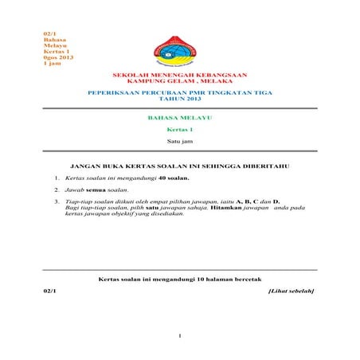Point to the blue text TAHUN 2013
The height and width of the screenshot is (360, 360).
coord(179,102)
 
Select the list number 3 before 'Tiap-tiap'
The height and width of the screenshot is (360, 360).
coord(57,202)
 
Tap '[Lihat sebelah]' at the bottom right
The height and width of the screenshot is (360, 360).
coord(291,291)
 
